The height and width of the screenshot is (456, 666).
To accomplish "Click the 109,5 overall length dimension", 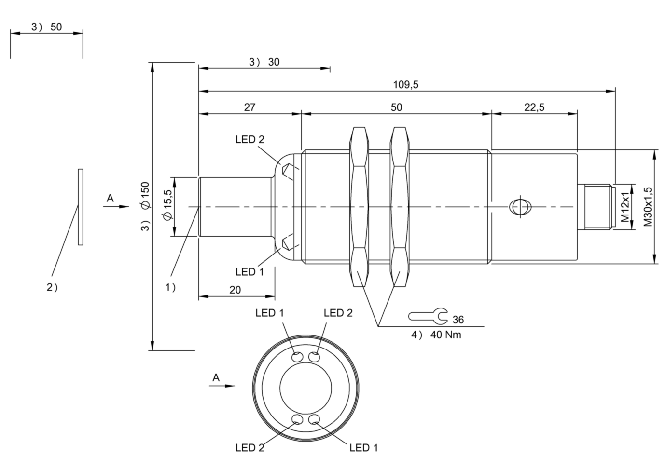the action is point(405,85).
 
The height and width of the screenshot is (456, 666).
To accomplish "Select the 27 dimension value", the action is point(250,107).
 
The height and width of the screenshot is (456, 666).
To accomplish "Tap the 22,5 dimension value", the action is point(534,107).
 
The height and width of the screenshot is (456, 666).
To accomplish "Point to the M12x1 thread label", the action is point(625,207).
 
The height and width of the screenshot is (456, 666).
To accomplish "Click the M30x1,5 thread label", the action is point(648,207).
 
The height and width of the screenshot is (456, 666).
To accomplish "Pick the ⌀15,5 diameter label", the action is point(167,205).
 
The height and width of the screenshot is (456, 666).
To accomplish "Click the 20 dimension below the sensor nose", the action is point(235,290).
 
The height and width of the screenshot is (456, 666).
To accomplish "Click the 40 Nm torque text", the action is point(445,335).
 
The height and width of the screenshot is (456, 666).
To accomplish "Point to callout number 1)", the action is point(171,287).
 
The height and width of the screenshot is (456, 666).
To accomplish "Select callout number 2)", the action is point(52,287).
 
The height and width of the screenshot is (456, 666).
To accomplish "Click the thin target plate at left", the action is point(81,207).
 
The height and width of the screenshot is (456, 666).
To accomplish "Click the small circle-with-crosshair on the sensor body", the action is point(520,207).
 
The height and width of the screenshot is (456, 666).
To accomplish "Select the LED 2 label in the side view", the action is point(250,139).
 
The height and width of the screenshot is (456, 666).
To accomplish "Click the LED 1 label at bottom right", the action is point(363,447).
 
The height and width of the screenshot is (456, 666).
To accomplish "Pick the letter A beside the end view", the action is point(216,377).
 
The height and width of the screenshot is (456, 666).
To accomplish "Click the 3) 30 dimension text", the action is point(264,62).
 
